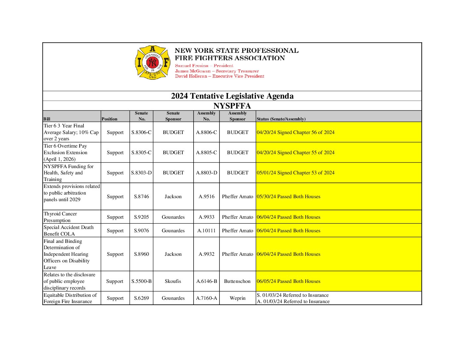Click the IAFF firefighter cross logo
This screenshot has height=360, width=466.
152,62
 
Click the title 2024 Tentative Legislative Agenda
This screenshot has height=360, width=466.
232,96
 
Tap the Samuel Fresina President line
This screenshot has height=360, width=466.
204,66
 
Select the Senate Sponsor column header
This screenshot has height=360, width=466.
173,116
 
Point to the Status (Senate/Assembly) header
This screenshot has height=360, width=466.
281,119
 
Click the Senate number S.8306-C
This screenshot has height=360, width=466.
141,132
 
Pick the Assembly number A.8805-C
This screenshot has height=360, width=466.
207,153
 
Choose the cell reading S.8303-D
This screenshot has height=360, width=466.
141,173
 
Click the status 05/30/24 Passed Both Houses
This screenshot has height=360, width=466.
288,197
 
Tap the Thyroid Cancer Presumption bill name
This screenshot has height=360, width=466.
60,217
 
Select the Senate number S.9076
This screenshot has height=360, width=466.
141,231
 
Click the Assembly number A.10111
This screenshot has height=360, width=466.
207,231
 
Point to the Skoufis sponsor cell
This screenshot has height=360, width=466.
173,281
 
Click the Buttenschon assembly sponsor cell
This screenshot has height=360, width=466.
237,281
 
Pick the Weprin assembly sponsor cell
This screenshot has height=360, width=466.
238,298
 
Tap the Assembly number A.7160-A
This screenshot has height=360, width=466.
207,298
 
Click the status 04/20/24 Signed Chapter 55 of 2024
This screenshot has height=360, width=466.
296,153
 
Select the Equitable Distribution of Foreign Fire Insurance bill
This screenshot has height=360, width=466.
70,298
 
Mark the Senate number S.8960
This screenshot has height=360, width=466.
141,254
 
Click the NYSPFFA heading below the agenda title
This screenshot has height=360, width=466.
232,106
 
